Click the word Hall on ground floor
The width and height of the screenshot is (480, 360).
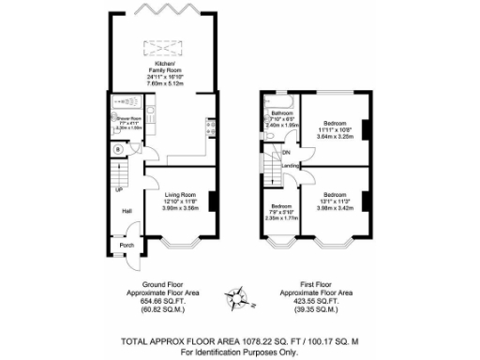click(x=125, y=210)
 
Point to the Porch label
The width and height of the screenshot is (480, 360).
click(x=126, y=246)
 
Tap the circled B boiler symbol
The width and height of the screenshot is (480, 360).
click(x=118, y=149)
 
